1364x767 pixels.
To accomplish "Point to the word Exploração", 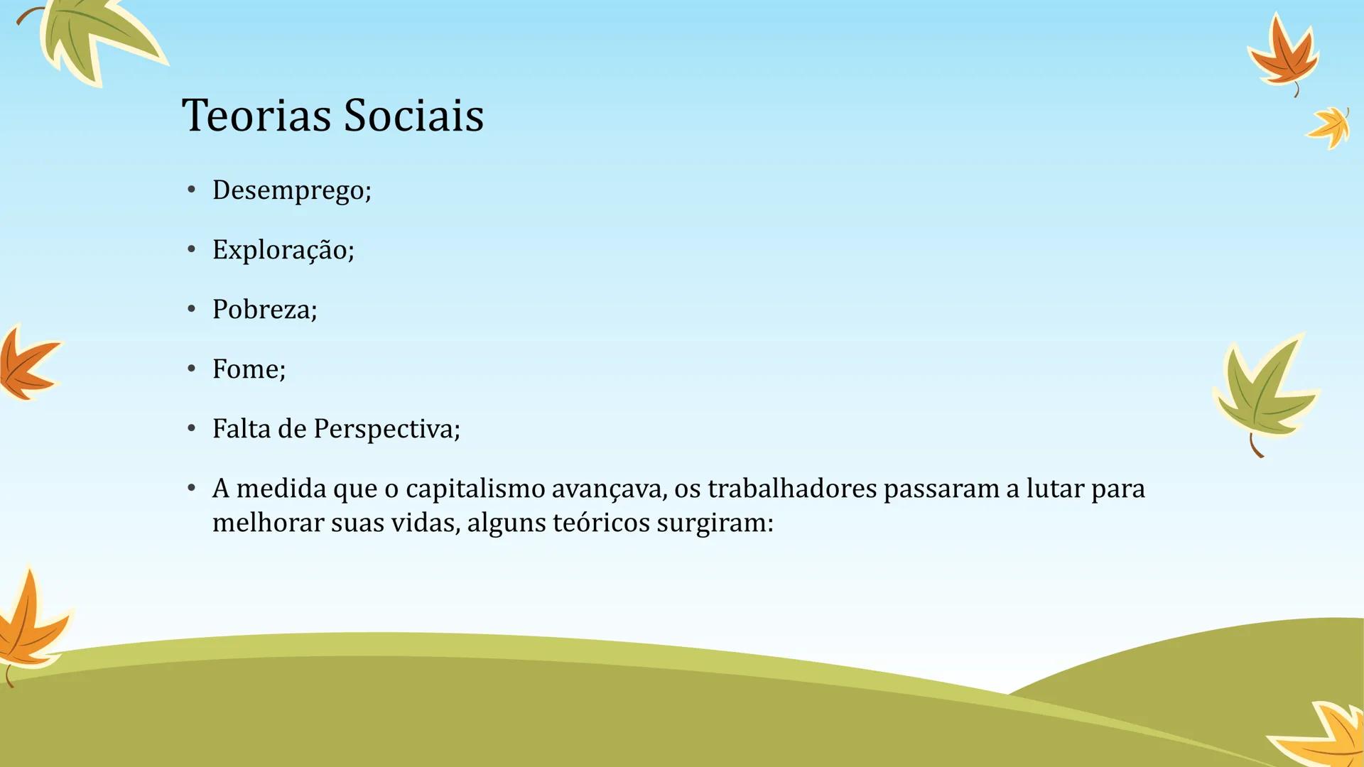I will pos(283,250).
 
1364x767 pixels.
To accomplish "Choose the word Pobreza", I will pos(264,310).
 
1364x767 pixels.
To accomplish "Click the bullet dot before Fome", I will pos(191,369).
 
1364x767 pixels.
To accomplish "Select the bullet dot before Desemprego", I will pos(191,190).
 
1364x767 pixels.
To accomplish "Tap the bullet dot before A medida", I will pos(191,488).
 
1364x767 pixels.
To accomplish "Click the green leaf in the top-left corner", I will pos(96,36).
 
